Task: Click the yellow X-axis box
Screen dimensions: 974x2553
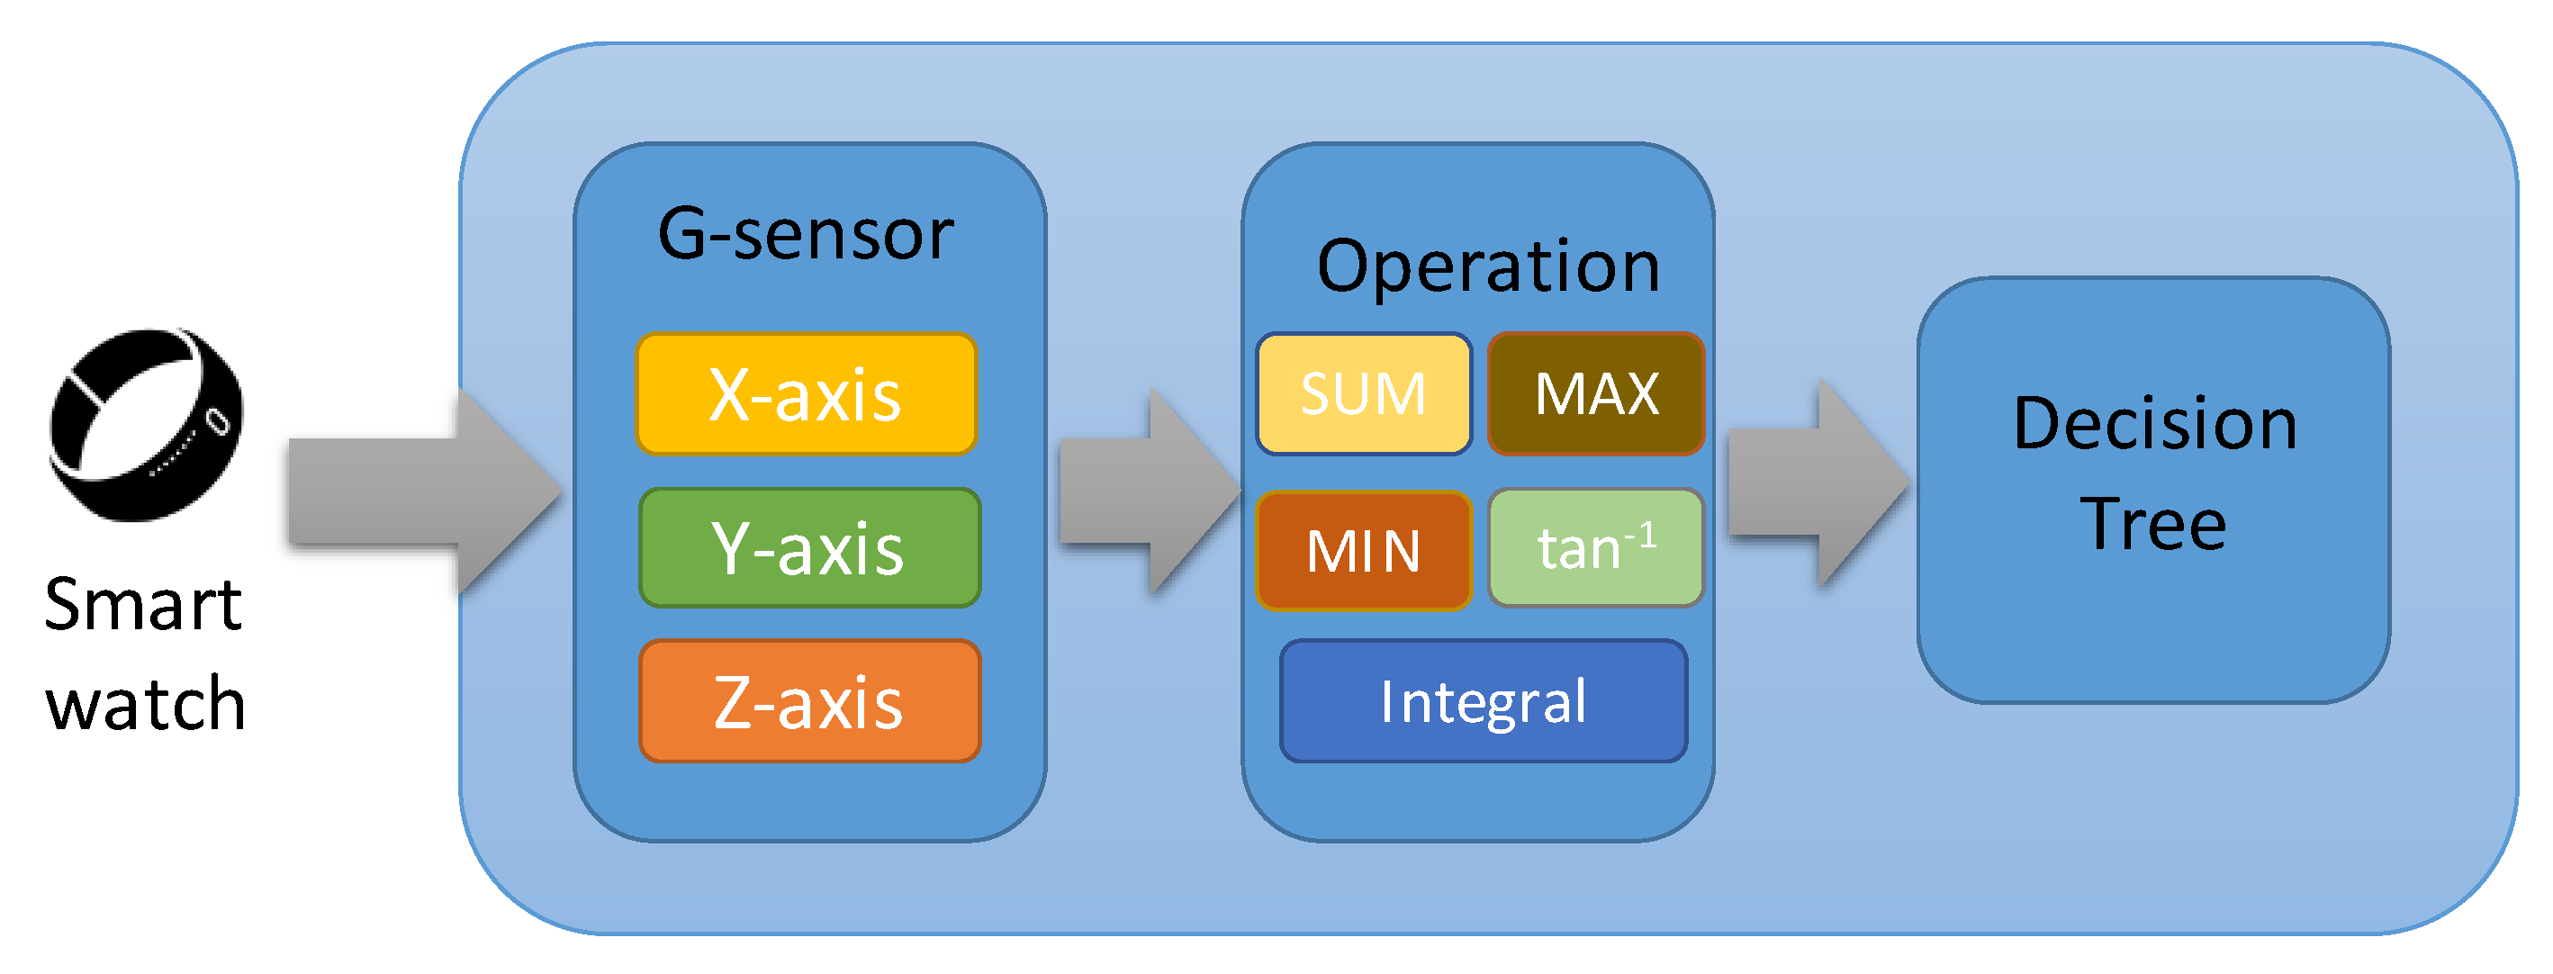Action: point(806,393)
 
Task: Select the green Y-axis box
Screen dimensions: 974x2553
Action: point(808,547)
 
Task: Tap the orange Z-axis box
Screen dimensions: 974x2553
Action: point(808,700)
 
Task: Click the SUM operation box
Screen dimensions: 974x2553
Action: point(1363,393)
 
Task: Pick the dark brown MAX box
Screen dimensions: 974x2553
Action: point(1595,393)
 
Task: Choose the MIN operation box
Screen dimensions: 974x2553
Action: point(1363,550)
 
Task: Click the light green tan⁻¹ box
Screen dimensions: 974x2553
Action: point(1595,547)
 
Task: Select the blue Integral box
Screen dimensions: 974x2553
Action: point(1483,700)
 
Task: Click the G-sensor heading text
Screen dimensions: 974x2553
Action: point(806,235)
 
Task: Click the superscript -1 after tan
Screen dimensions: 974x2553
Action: point(1640,536)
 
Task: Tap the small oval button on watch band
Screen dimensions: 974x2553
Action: point(217,421)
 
